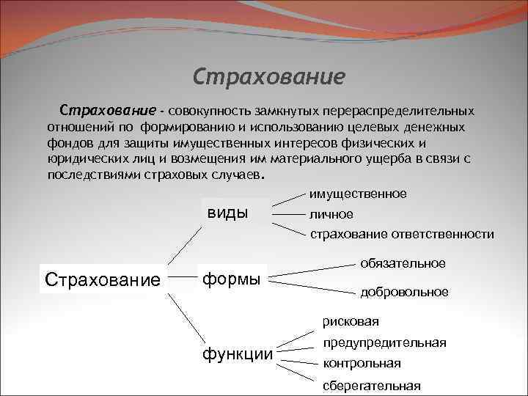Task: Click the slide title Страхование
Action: [268, 76]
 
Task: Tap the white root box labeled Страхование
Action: [102, 279]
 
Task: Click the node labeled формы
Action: [232, 279]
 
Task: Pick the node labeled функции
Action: [237, 355]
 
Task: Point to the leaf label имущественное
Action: [357, 194]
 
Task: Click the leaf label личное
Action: [331, 215]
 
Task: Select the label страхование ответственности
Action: [401, 235]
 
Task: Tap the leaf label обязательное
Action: [402, 263]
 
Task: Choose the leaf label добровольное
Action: [404, 292]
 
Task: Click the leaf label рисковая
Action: [351, 321]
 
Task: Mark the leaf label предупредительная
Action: [384, 342]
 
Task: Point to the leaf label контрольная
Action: [362, 363]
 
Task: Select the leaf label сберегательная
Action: [371, 386]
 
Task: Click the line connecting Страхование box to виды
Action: [186, 243]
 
